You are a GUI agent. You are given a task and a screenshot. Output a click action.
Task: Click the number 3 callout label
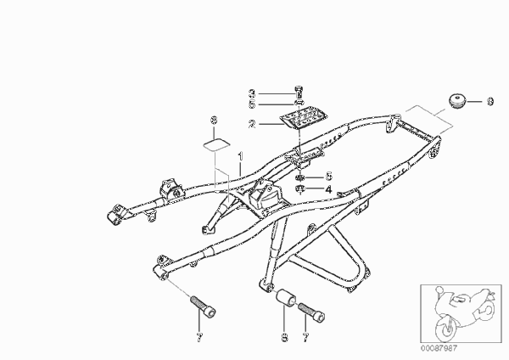(252, 93)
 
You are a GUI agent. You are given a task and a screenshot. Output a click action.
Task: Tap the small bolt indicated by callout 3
(299, 92)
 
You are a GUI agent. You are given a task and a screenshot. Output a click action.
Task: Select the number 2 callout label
(252, 124)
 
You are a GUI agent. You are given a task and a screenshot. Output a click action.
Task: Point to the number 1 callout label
(241, 156)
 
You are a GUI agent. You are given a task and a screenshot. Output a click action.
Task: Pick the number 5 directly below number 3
(252, 104)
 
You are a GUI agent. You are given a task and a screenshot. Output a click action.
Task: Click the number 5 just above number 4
(328, 176)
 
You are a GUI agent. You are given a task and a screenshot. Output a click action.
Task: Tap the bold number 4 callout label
(328, 189)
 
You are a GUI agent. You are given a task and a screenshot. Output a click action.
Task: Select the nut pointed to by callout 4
(300, 188)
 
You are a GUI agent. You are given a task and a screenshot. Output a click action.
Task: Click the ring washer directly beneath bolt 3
(299, 103)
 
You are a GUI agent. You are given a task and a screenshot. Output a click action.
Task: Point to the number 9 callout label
(489, 101)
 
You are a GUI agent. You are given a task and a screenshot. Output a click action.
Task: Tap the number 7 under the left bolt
(199, 338)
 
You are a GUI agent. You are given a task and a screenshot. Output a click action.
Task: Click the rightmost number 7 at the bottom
(305, 338)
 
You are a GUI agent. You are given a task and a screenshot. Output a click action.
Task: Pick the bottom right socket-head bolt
(311, 312)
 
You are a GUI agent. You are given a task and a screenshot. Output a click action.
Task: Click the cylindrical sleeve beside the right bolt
(285, 298)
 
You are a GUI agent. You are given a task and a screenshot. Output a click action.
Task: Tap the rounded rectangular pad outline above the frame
(216, 144)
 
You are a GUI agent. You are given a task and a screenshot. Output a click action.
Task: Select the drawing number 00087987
(439, 348)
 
